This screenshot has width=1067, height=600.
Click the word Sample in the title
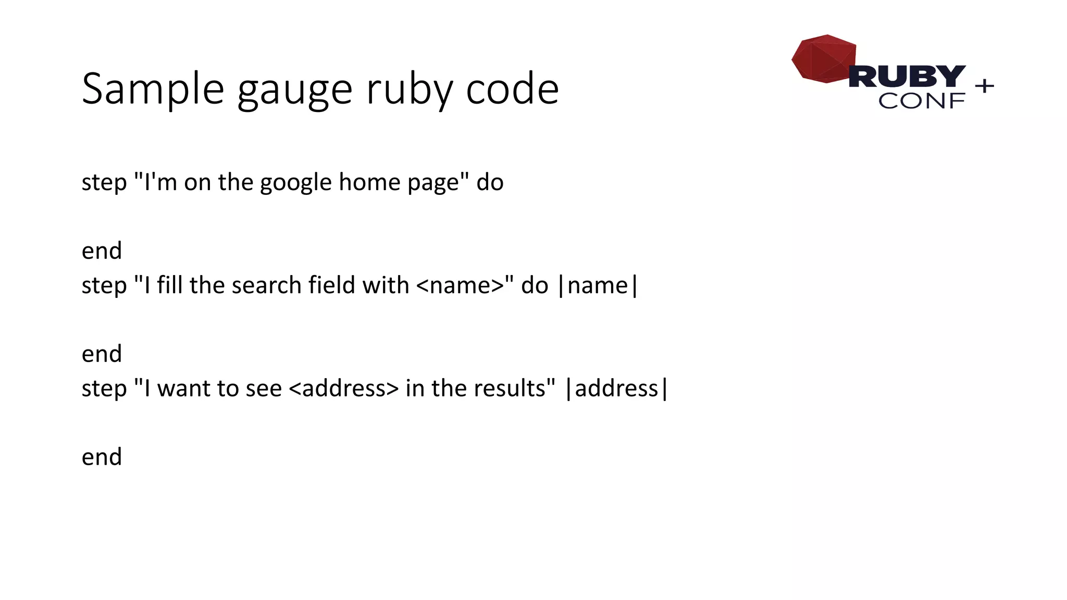[153, 89]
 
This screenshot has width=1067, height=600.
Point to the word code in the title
[512, 89]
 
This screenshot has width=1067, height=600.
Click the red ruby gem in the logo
[823, 58]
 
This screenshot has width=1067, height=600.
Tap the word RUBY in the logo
[907, 77]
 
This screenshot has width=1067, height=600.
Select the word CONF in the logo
[922, 101]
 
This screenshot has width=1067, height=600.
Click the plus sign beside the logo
[984, 85]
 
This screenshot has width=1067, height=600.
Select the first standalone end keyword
[102, 251]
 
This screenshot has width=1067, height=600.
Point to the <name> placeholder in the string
[460, 285]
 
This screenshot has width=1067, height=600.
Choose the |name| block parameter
[598, 285]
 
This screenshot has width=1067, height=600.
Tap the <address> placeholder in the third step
[343, 389]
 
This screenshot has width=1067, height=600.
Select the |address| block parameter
[616, 389]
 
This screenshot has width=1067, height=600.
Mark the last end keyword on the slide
[102, 457]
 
